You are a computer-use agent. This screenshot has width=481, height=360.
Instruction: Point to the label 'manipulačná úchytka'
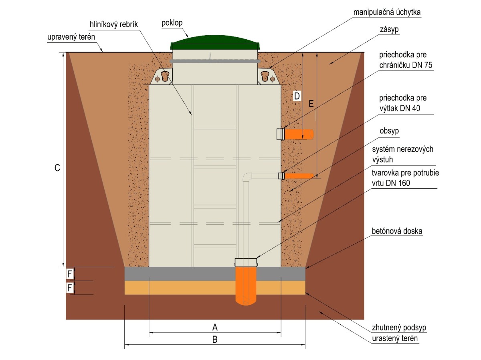(387, 12)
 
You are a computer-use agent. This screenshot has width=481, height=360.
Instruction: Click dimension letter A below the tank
(215, 327)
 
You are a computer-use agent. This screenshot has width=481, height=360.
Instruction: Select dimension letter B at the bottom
(215, 340)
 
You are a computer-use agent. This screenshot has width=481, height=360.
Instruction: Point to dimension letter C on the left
(57, 169)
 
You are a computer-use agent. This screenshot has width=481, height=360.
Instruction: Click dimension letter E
(311, 104)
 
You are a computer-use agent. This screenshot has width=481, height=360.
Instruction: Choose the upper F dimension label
(70, 274)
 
